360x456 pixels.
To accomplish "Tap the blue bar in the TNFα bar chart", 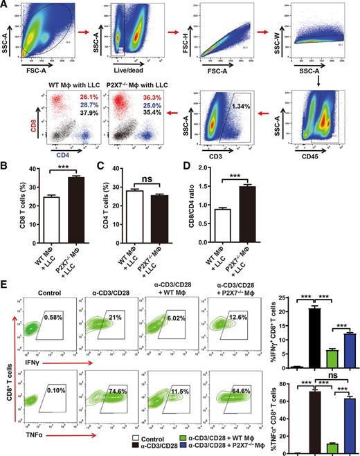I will (x=348, y=416).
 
